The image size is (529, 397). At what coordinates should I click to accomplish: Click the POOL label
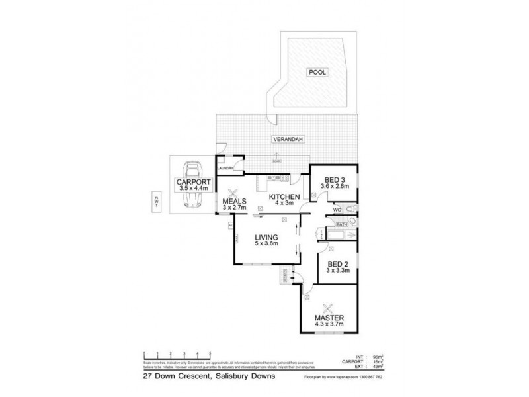click(316, 73)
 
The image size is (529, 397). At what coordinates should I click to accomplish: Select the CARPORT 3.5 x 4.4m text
click(193, 185)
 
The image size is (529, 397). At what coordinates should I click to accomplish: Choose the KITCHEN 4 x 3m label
click(284, 200)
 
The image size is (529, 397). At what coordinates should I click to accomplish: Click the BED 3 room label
click(334, 183)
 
